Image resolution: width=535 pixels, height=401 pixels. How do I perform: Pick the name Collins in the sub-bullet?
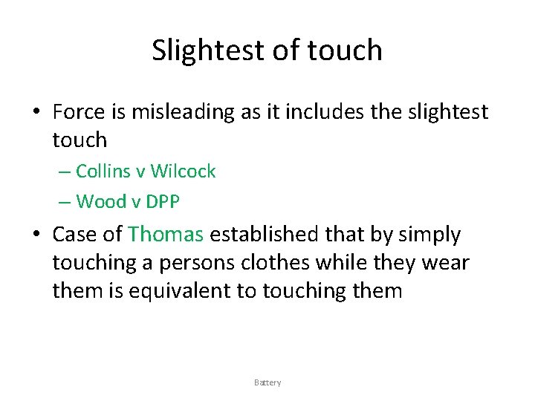click(103, 172)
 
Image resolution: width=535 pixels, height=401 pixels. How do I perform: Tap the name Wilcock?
click(183, 172)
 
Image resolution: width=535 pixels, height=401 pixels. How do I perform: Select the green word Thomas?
click(165, 235)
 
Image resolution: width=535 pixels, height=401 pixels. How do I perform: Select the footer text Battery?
click(267, 382)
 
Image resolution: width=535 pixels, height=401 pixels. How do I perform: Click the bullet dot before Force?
click(36, 113)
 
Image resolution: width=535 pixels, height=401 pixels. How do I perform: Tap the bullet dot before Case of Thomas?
click(36, 235)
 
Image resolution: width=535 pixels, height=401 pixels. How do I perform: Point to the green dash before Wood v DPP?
click(64, 201)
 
